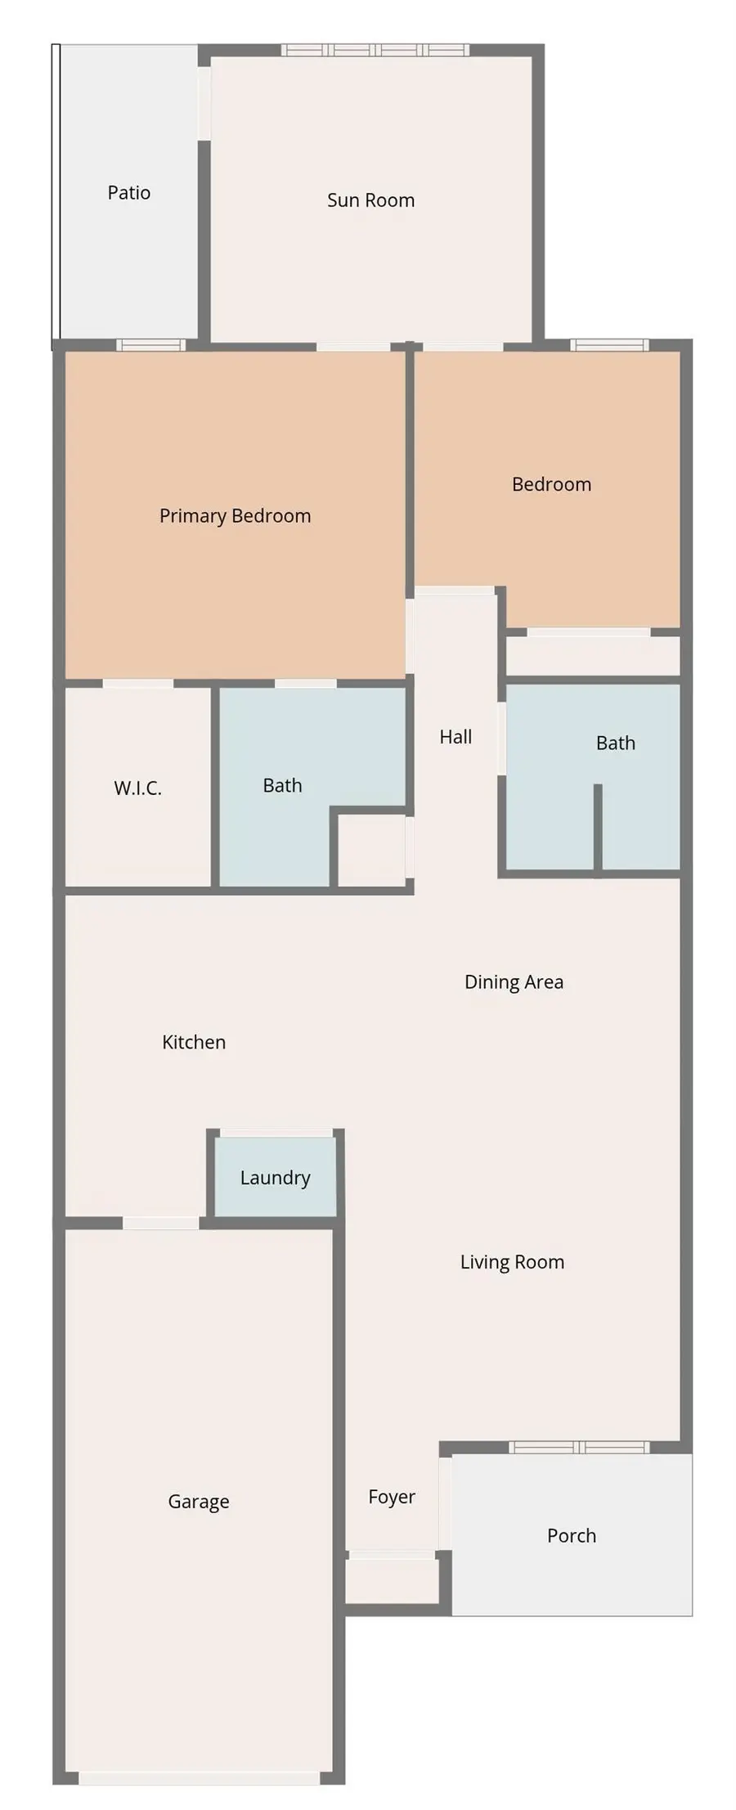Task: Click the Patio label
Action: pos(129,193)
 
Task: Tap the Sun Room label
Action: pos(370,200)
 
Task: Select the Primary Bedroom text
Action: pos(235,516)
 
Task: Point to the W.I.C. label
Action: pos(137,788)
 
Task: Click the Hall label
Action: pos(456,737)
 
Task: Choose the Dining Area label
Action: pos(514,982)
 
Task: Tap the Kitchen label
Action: pos(194,1043)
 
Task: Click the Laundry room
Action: pos(275,1178)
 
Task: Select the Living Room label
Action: pos(512,1262)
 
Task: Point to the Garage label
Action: pos(199,1502)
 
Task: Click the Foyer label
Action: pos(392,1497)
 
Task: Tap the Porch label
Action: pos(572,1536)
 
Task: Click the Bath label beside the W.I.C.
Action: pos(282,786)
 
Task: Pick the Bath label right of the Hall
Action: pos(615,743)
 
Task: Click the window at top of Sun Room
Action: pos(375,51)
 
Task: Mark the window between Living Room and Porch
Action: pos(579,1448)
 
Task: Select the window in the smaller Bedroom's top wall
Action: pos(609,345)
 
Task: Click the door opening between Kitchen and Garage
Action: pos(160,1223)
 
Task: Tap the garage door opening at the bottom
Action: pos(199,1778)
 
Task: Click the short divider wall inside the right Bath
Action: pos(598,826)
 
